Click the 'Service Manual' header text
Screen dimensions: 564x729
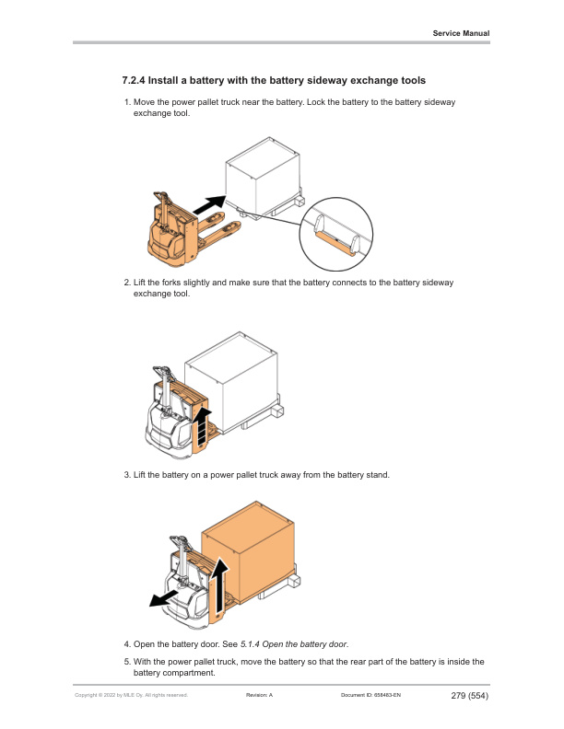[461, 33]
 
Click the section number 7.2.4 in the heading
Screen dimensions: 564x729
[134, 80]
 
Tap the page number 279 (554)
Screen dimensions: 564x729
[469, 696]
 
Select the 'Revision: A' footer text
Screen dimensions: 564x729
[259, 695]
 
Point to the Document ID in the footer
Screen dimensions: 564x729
[370, 695]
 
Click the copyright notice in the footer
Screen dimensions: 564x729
[131, 695]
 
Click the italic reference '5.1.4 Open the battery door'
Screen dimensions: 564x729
[294, 644]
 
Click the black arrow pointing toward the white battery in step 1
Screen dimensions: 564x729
[209, 204]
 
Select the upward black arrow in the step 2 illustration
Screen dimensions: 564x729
[202, 427]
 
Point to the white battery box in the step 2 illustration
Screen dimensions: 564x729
[231, 381]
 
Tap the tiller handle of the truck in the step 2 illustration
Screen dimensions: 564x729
[163, 376]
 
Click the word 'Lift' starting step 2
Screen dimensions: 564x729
[139, 283]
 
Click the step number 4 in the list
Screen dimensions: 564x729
[127, 644]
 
